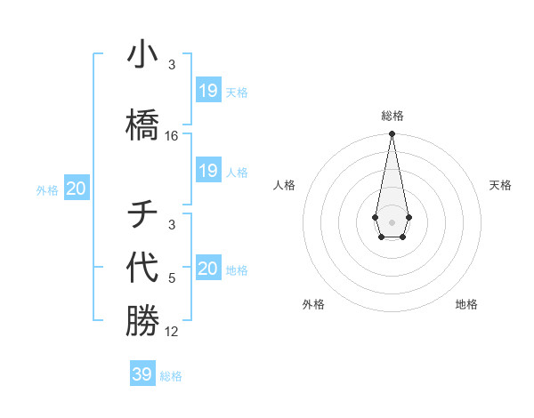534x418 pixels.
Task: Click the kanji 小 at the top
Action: [142, 55]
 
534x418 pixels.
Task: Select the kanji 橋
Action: [142, 123]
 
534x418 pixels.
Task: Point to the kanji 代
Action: [142, 268]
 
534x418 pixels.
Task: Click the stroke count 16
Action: [172, 136]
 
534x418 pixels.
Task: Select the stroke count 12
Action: [172, 332]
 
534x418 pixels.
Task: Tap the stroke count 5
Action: [172, 278]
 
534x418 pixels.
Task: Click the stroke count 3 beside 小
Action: [172, 65]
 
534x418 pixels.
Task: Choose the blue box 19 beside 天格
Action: [208, 91]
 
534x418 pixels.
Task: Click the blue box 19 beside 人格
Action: [208, 171]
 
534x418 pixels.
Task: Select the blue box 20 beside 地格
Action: [208, 269]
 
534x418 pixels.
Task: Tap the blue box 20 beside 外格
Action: [77, 189]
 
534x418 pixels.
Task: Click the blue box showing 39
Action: [142, 374]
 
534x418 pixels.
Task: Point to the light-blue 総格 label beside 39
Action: [172, 376]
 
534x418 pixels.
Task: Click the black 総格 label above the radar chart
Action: [392, 116]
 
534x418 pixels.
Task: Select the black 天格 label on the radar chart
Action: [501, 185]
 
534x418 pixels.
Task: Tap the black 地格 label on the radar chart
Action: [466, 304]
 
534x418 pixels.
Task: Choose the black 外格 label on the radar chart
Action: [313, 304]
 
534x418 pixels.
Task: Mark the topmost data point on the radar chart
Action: [392, 134]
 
